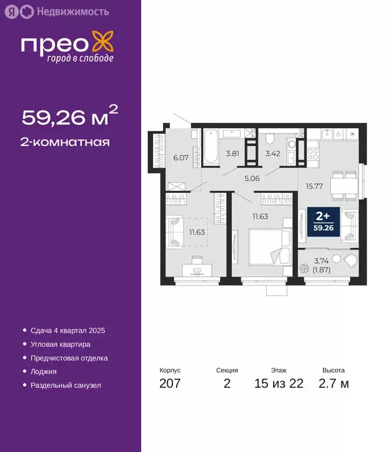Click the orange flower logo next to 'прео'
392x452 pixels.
[104, 44]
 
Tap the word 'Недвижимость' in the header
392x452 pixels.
[64, 11]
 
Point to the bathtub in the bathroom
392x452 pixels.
[211, 147]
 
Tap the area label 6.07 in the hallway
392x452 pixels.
[180, 157]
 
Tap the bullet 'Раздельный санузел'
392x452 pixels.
[66, 385]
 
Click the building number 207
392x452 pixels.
[170, 384]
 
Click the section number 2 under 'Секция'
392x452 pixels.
[227, 384]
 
